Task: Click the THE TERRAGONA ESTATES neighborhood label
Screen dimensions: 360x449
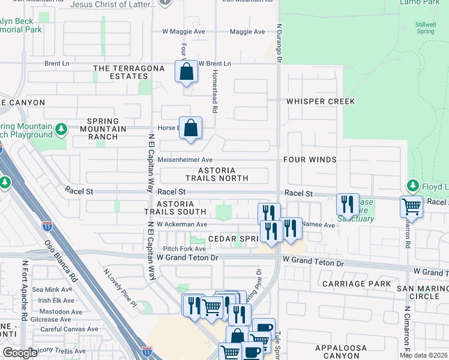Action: click(x=129, y=73)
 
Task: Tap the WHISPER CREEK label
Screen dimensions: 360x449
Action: click(x=321, y=101)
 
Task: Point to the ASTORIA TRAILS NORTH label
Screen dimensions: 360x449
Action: click(x=217, y=175)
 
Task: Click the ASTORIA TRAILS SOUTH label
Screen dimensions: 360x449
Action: click(x=175, y=208)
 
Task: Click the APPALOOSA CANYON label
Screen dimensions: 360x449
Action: click(x=341, y=352)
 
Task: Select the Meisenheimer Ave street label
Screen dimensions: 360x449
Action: click(x=185, y=160)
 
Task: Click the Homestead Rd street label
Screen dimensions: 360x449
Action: click(x=214, y=90)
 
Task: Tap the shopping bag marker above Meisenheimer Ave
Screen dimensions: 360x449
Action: click(x=190, y=128)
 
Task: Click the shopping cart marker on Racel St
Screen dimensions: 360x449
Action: click(x=411, y=206)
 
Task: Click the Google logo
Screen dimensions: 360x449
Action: click(x=20, y=353)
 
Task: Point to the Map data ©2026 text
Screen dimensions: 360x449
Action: click(x=424, y=355)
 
